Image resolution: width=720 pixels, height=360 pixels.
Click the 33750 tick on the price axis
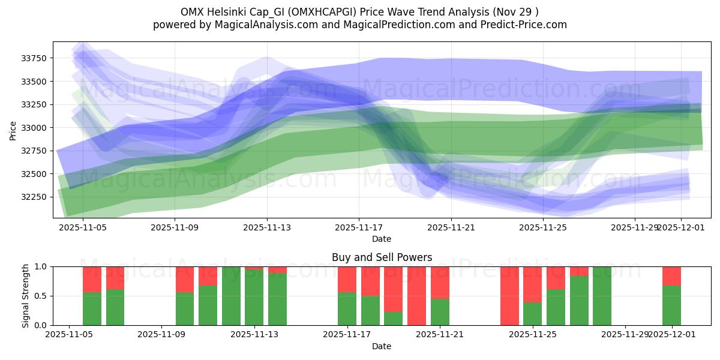pos(36,58)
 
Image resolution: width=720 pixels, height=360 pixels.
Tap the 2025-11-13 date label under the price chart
pos(267,228)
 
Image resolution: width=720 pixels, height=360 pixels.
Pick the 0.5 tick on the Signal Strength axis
pos(42,296)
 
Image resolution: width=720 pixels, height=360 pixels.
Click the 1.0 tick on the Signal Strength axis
pos(42,266)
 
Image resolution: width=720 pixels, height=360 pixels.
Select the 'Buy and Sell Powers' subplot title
pos(382,257)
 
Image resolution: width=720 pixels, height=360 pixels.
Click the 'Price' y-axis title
pos(13,130)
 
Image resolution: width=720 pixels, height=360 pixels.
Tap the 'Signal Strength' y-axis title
pos(25,296)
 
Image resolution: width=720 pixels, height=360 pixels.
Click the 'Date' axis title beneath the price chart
pos(382,239)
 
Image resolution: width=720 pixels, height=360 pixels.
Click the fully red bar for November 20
pos(416,296)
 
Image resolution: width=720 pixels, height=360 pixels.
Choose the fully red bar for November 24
pos(509,296)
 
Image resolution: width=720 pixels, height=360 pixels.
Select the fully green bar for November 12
pos(231,296)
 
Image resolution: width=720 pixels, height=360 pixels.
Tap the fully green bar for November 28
pos(602,296)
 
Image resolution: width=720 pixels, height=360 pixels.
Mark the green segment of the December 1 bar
pos(671,305)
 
